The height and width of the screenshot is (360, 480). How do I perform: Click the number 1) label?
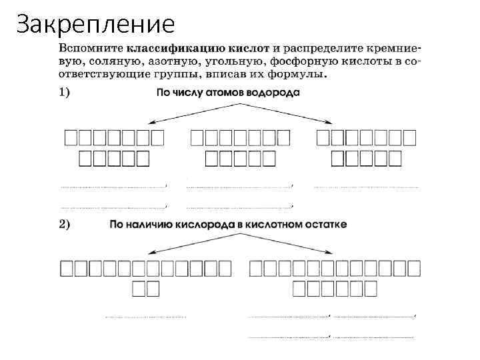[x=64, y=93]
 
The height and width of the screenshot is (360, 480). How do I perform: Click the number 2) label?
[x=64, y=224]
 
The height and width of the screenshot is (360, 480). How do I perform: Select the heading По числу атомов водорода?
[x=227, y=93]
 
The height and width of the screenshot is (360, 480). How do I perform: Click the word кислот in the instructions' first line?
[x=247, y=49]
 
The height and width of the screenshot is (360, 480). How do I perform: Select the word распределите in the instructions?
[x=325, y=49]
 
